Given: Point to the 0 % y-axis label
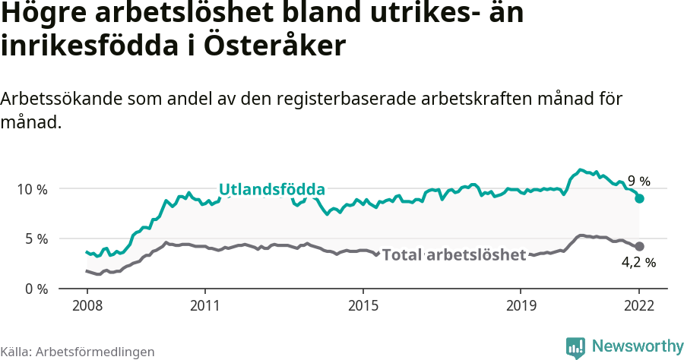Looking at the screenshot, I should click(x=36, y=289).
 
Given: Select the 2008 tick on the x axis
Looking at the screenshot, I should click(x=87, y=306).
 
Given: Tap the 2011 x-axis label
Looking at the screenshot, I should click(x=205, y=306).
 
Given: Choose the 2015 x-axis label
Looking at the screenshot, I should click(x=363, y=306).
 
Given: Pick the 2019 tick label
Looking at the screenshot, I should click(x=521, y=306).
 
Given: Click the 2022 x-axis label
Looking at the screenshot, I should click(x=639, y=306).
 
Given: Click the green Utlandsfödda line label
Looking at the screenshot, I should click(x=272, y=190).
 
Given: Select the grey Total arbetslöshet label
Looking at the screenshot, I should click(x=454, y=255).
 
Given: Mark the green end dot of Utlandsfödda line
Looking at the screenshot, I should click(x=640, y=198).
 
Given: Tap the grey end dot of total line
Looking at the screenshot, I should click(x=640, y=246).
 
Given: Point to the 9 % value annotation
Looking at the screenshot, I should click(x=639, y=182).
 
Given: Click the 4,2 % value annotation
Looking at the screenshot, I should click(x=638, y=263).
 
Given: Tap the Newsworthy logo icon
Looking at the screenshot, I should click(x=575, y=347).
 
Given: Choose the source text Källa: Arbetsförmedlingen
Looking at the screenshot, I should click(x=78, y=352).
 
